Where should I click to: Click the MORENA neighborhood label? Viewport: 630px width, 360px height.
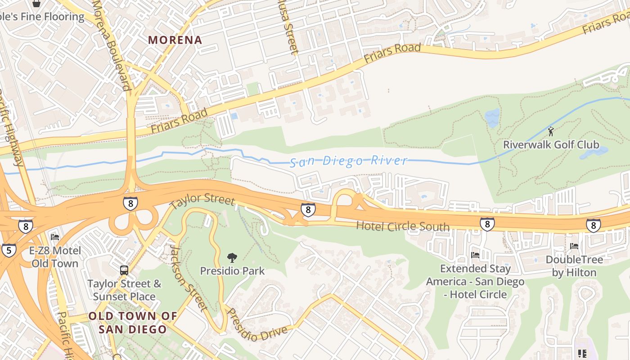point(175,40)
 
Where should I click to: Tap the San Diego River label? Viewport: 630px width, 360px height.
point(348,161)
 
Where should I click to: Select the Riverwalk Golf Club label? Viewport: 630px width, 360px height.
point(551,144)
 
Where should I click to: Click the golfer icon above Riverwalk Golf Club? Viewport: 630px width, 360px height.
point(551,131)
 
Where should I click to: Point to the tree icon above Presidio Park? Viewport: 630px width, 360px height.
point(232,258)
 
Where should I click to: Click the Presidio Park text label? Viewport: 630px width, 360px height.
point(232,271)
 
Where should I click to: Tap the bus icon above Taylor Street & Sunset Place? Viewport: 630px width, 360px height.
point(124,270)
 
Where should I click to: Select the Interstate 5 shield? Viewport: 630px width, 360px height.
point(9,250)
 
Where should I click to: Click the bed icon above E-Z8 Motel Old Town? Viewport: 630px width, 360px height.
point(55,237)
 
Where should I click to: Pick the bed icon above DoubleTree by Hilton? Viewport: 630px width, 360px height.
point(574,246)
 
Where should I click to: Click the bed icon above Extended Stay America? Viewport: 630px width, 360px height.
point(475,255)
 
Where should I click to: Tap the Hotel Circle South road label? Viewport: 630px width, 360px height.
point(402,226)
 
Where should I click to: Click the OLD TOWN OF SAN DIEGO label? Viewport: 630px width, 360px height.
point(133,323)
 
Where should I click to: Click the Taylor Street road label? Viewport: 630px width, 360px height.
point(202,201)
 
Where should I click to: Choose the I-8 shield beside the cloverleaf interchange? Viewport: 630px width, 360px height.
point(130,203)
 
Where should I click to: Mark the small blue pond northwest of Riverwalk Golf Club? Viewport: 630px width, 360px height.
point(492,117)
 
